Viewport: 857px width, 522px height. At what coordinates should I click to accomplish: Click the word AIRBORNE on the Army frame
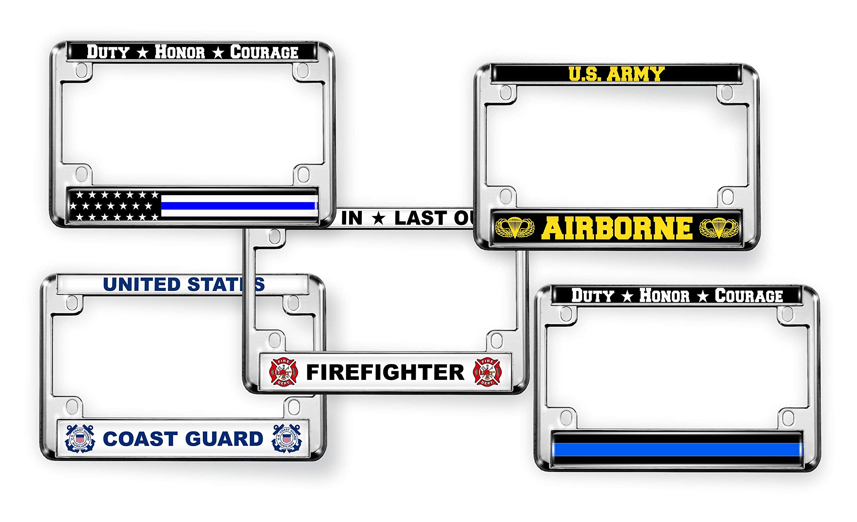point(617,228)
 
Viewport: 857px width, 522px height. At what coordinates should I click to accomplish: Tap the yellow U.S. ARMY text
point(616,74)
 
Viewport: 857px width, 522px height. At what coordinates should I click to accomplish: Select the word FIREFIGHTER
point(385,372)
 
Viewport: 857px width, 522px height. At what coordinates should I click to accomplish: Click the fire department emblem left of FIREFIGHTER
point(284,372)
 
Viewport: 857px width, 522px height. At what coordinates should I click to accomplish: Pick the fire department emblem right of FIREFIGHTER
point(487,372)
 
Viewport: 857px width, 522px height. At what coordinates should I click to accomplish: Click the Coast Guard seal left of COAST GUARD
point(80,439)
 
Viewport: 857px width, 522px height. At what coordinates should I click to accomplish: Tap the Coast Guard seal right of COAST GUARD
point(287,439)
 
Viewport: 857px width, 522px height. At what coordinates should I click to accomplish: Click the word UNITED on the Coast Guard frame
point(141,285)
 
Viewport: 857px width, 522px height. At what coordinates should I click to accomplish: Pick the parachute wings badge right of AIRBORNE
point(718,228)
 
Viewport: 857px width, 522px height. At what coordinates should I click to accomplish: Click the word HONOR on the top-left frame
point(180,52)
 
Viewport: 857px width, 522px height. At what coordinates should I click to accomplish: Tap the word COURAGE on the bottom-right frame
point(749,296)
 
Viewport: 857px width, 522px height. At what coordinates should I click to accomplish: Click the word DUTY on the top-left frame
point(108,52)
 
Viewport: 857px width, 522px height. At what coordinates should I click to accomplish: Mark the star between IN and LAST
point(378,219)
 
